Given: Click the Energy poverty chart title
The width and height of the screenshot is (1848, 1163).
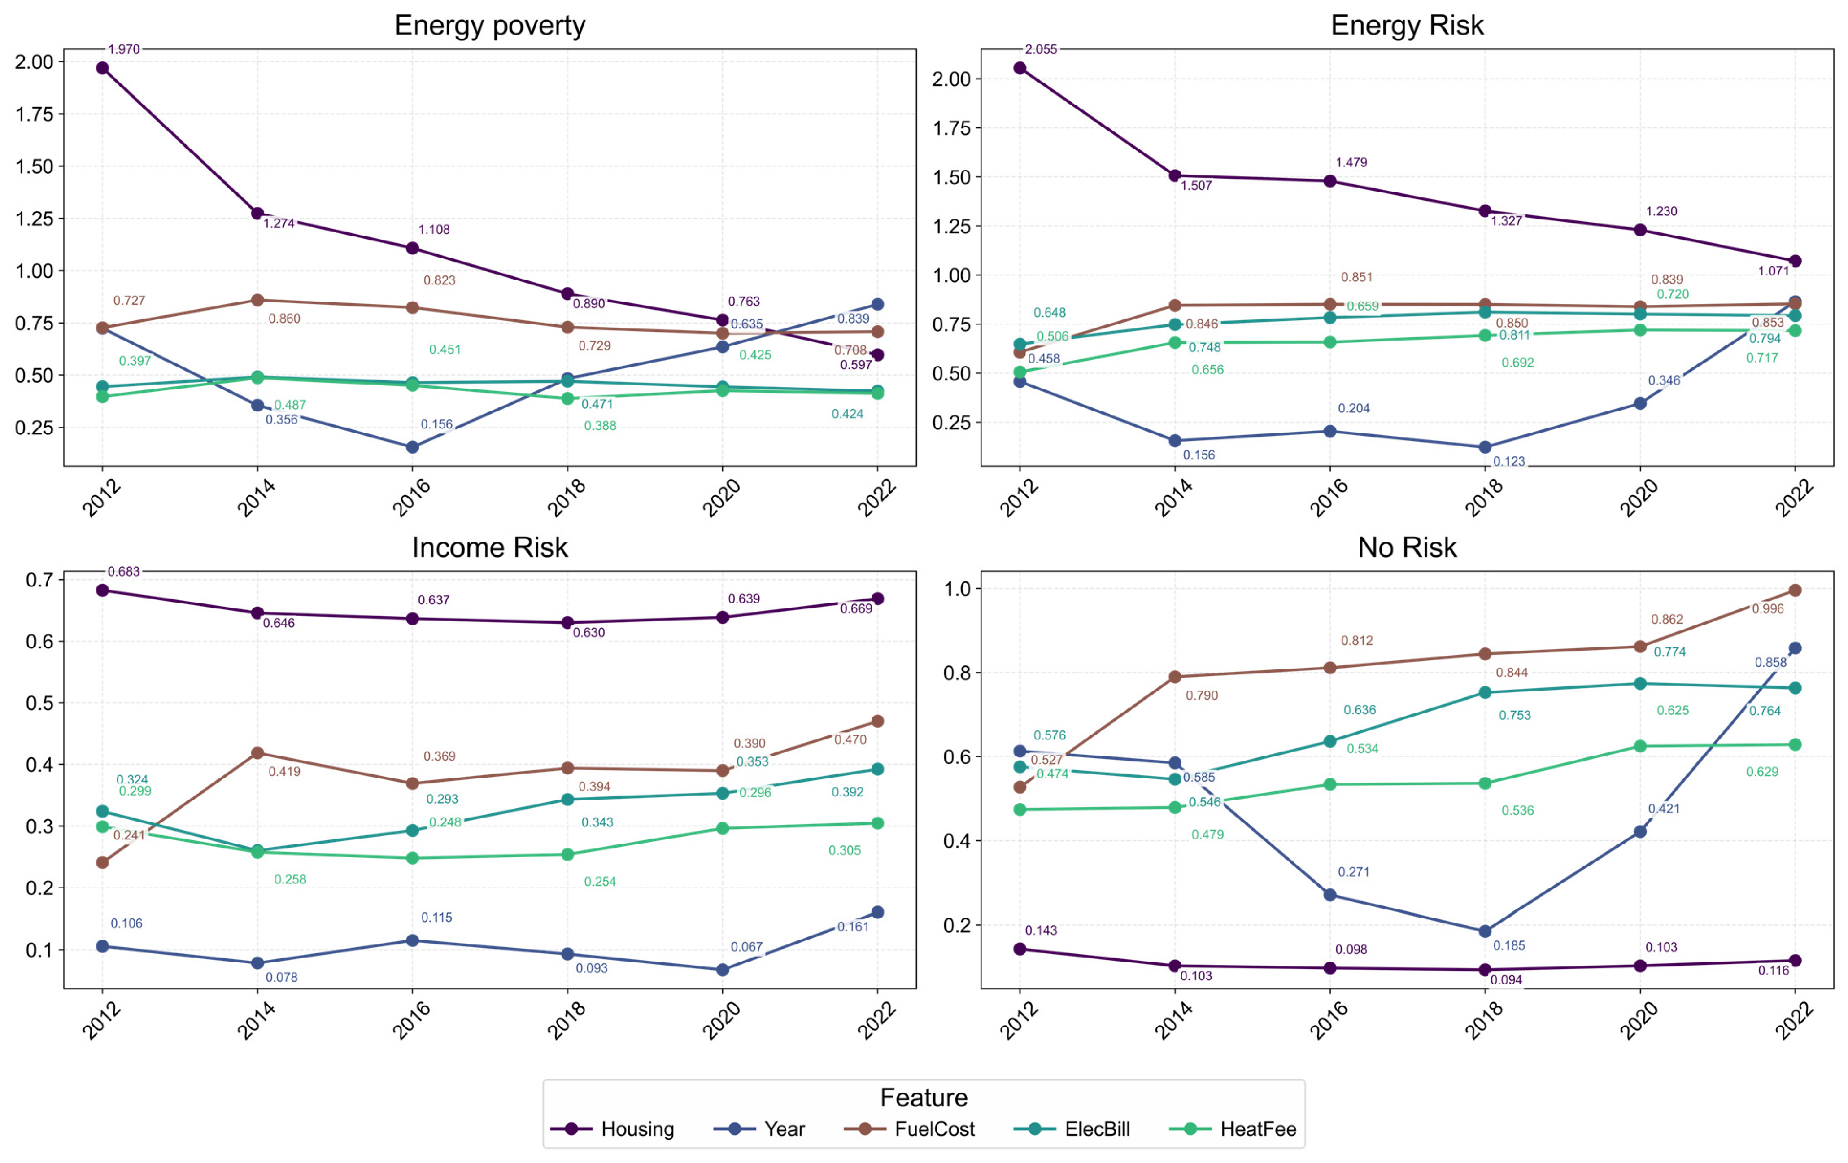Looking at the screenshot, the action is click(490, 25).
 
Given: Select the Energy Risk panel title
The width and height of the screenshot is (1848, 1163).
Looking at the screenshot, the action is click(1407, 25).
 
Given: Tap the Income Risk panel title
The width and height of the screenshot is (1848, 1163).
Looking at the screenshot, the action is click(490, 547).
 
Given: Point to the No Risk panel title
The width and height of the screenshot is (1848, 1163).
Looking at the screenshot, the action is click(1407, 547).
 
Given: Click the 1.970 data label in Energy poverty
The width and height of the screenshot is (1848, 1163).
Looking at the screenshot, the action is click(123, 49).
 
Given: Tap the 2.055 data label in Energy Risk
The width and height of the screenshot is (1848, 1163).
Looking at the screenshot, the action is click(1041, 49).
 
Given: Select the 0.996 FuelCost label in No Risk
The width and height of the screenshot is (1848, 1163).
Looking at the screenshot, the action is click(1767, 609).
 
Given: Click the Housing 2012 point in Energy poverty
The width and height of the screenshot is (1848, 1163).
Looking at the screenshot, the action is click(102, 68).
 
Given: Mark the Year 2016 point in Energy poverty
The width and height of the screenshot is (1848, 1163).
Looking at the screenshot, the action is click(412, 447).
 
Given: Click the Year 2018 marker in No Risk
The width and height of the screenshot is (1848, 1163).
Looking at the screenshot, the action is click(1484, 931).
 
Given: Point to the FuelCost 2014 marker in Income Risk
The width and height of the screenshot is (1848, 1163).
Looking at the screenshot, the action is click(257, 753).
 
